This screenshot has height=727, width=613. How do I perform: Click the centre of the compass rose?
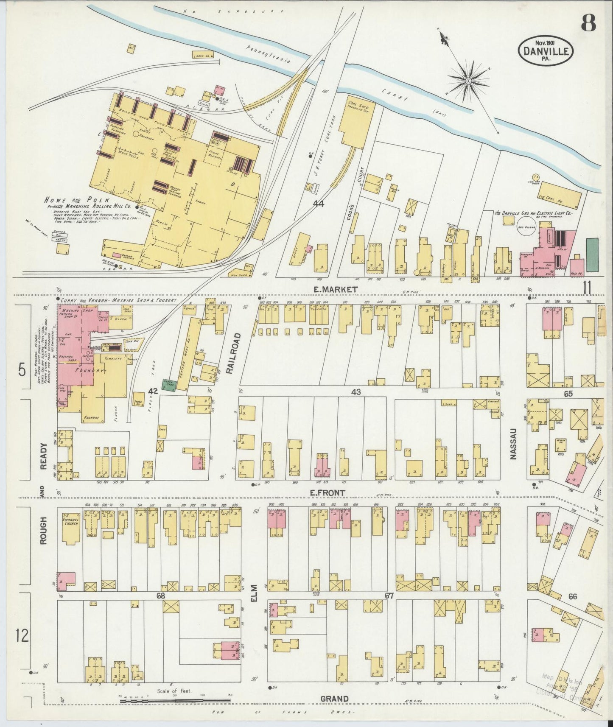click(x=468, y=80)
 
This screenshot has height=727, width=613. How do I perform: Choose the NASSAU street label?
click(x=514, y=443)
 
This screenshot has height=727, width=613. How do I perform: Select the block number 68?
click(x=160, y=596)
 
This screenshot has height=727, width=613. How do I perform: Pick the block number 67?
click(x=389, y=596)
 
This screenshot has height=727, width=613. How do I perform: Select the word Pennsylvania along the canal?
click(x=268, y=53)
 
